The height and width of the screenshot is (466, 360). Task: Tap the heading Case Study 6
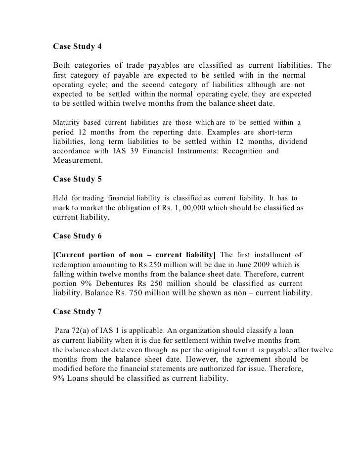[77, 236]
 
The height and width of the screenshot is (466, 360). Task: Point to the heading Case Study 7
[77, 312]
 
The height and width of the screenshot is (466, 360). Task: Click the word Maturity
[66, 122]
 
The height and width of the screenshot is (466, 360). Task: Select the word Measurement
[77, 161]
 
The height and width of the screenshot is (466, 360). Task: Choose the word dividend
[291, 142]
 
